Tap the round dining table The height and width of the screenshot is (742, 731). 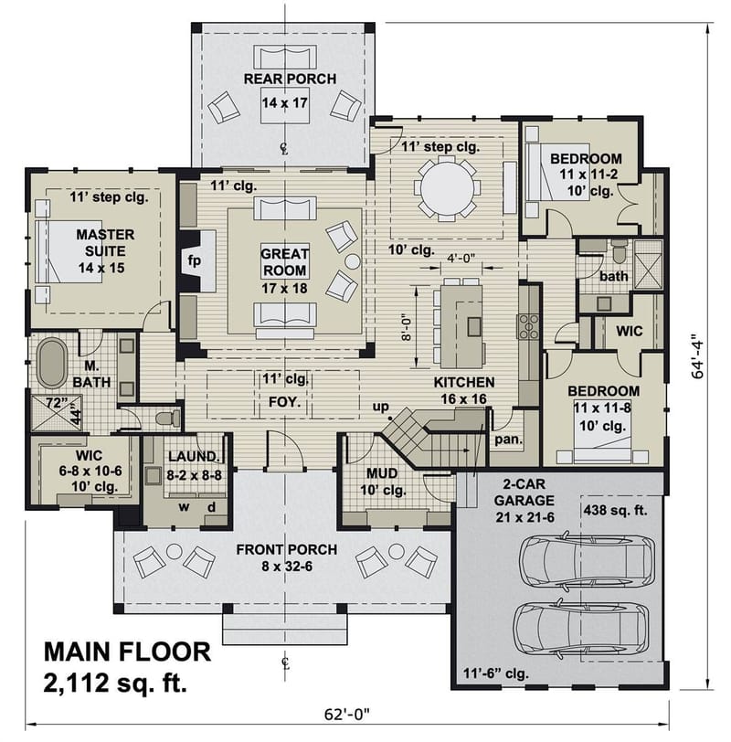pos(449,186)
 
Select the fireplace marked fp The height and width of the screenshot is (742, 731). pos(194,260)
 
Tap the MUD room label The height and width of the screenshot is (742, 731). pos(380,474)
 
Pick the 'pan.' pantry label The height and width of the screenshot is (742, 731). pos(508,440)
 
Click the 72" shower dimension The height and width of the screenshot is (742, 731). pos(57,402)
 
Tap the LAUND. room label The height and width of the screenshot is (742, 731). pos(193,456)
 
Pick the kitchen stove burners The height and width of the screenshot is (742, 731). pos(529,325)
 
